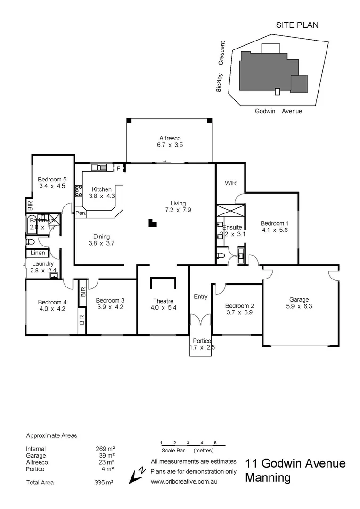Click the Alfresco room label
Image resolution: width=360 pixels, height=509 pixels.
170,138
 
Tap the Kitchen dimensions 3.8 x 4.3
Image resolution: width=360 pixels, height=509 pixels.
102,197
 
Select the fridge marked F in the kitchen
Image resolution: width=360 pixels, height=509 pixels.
118,168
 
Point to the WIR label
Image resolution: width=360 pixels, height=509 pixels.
230,182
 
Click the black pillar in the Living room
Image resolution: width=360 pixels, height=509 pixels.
152,223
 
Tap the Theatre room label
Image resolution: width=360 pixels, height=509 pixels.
163,301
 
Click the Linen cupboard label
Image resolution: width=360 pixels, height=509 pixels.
38,253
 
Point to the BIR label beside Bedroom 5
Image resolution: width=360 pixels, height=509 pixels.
30,205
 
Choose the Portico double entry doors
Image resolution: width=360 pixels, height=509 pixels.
201,320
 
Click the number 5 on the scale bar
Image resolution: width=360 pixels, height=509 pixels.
215,443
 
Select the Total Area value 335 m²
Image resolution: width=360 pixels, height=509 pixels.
105,483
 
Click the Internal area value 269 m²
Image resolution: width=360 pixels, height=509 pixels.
105,449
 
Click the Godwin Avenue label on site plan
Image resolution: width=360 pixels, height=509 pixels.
278,111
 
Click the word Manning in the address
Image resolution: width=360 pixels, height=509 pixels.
268,478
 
